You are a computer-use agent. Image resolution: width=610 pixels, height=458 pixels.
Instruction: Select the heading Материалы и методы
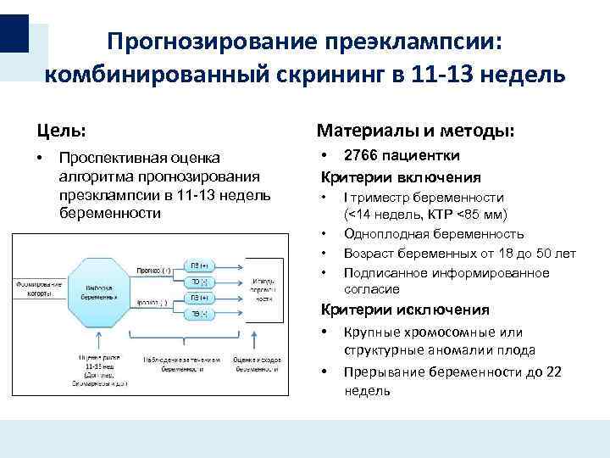415,131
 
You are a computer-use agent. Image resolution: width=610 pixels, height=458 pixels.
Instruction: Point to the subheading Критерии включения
399,177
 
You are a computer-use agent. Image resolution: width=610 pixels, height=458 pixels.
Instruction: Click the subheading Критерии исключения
403,310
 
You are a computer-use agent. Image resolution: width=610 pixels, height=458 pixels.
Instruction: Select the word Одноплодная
382,233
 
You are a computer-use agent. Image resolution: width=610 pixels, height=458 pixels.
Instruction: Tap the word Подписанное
386,272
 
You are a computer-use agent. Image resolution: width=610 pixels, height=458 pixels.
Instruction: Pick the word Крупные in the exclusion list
369,332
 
